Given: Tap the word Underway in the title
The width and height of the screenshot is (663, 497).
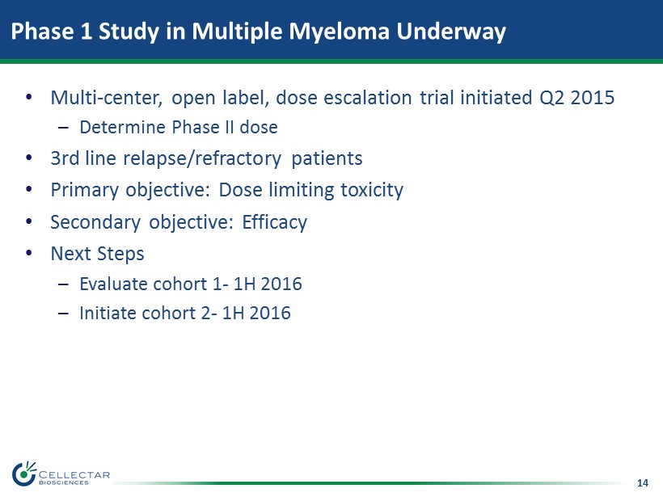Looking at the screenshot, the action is click(450, 32).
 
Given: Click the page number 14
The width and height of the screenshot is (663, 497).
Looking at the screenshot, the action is click(642, 482).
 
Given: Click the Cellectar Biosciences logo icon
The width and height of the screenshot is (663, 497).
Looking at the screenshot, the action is click(24, 474).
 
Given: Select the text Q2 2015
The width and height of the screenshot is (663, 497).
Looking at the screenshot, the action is click(576, 98).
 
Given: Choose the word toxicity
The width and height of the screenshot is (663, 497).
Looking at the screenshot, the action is click(372, 190).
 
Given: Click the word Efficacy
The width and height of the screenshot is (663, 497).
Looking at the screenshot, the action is click(274, 222).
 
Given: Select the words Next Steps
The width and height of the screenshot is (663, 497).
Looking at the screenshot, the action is click(97, 254).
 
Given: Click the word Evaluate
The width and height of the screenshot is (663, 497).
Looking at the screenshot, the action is click(113, 284).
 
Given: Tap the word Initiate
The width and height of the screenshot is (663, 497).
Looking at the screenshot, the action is click(108, 314).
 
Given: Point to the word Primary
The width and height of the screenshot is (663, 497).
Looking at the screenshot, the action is click(85, 190).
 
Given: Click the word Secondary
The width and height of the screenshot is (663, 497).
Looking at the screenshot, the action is click(95, 222).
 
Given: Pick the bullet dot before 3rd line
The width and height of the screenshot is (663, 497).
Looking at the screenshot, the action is click(29, 158).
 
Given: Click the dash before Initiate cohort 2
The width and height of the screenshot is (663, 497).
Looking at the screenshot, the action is click(63, 314).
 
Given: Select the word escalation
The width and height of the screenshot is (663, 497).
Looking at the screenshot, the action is click(367, 98).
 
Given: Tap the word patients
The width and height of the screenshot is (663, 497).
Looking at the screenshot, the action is click(327, 159).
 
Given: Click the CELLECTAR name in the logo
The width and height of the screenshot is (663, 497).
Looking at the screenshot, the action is click(74, 475).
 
